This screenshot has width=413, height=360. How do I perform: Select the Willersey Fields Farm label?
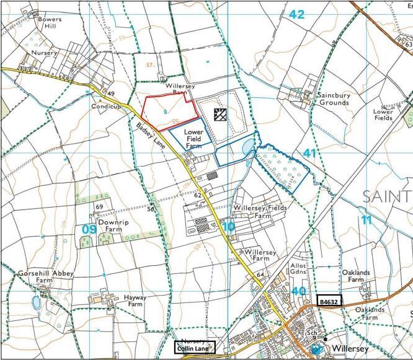tap(260, 212)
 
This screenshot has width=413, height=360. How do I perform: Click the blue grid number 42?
tap(296, 15)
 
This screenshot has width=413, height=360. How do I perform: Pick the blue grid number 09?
tap(89, 229)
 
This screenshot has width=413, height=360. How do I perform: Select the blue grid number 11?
tap(366, 219)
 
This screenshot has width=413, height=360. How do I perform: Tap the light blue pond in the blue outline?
tap(248, 146)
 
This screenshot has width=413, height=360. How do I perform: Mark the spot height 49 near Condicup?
tap(112, 94)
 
